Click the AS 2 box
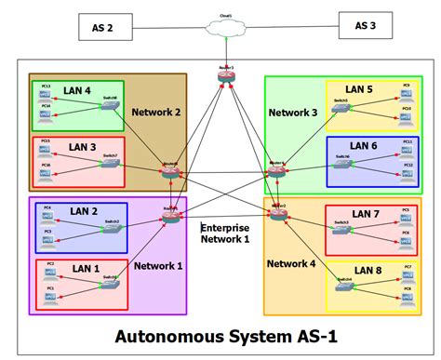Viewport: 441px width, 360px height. [x=103, y=28]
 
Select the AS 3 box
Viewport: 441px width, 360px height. [x=366, y=26]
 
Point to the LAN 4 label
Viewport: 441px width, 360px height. [x=78, y=91]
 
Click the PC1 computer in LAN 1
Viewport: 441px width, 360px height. [x=50, y=296]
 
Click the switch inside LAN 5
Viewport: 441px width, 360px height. [x=340, y=106]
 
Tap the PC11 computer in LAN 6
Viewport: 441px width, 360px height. [x=407, y=147]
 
